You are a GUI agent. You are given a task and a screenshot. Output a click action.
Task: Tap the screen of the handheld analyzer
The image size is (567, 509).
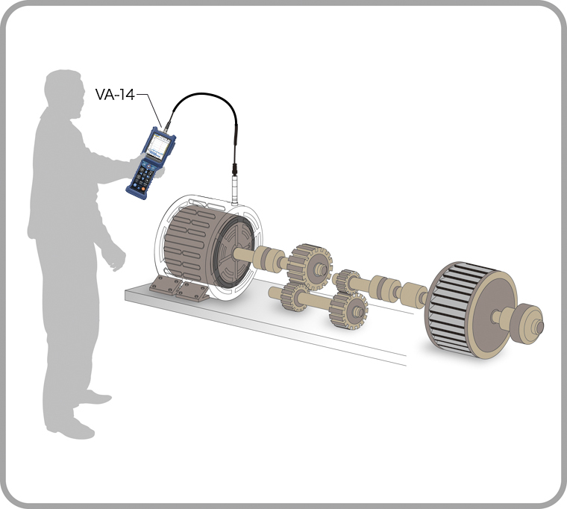(158, 144)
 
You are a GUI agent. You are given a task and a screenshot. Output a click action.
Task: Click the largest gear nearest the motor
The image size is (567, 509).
(310, 263)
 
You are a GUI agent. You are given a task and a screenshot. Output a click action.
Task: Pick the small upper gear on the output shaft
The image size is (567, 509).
(347, 281)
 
